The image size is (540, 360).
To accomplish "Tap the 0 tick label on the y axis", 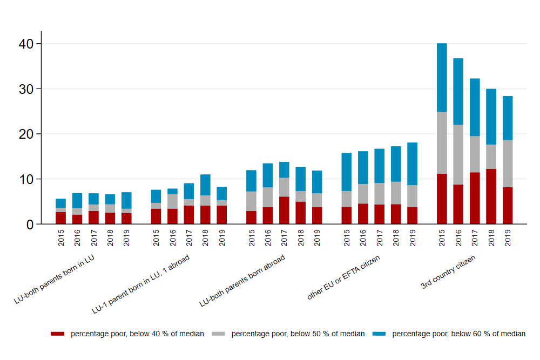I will (x=30, y=224).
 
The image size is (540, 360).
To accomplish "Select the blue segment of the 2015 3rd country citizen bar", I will (x=442, y=77).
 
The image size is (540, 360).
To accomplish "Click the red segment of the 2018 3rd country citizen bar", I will (x=491, y=196).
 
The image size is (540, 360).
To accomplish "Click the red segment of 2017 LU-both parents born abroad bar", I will (x=284, y=210).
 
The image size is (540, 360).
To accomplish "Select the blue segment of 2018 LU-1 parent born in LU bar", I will (x=205, y=185).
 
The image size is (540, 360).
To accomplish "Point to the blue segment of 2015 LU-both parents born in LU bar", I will (x=61, y=203).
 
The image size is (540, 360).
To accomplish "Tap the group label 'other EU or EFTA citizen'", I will (x=344, y=278).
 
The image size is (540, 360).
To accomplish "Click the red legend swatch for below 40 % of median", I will (x=57, y=334).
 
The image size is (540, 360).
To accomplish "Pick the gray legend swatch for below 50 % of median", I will (x=219, y=334).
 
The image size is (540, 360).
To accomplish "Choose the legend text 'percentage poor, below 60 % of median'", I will (x=458, y=334).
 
